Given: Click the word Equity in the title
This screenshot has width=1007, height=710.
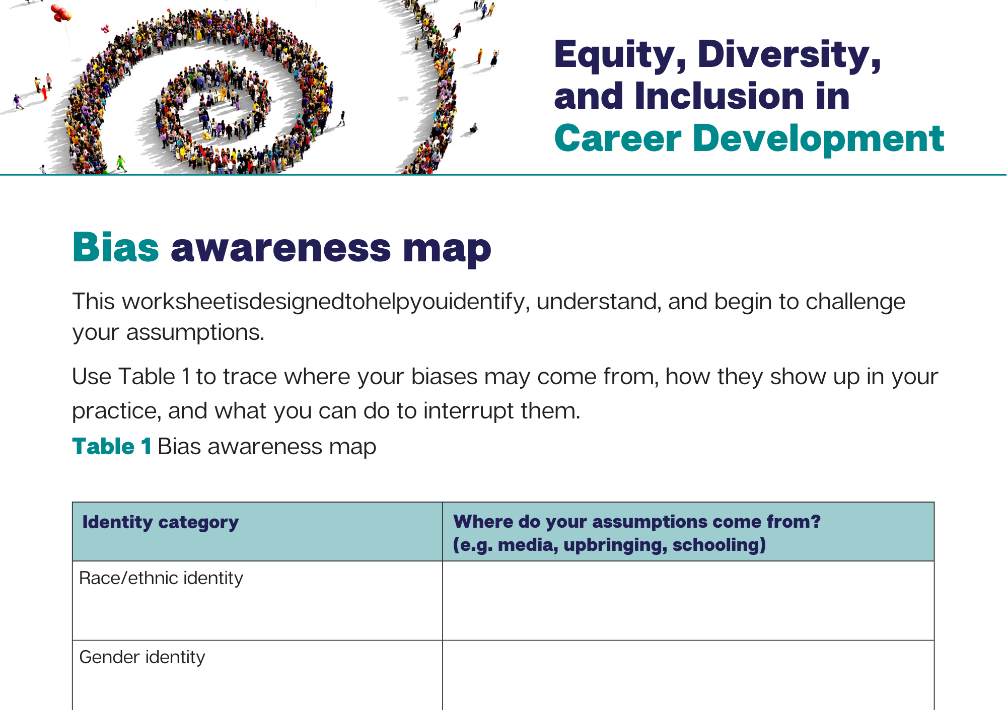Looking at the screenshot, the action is pyautogui.click(x=620, y=55).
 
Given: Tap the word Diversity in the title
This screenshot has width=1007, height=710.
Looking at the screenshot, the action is pyautogui.click(x=789, y=55).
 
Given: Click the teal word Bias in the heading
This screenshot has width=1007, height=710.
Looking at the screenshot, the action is pyautogui.click(x=116, y=248).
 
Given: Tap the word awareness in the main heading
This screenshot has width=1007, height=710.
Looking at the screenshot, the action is pyautogui.click(x=280, y=250).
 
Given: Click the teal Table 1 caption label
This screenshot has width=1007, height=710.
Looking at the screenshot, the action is pyautogui.click(x=112, y=447).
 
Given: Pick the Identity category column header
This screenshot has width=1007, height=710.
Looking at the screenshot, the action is pyautogui.click(x=161, y=523).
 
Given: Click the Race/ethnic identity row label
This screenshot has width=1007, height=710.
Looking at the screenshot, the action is pyautogui.click(x=161, y=578).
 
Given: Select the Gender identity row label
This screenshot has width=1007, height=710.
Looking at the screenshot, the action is pyautogui.click(x=142, y=657).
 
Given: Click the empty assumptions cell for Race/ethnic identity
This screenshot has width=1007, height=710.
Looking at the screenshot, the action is pyautogui.click(x=688, y=601).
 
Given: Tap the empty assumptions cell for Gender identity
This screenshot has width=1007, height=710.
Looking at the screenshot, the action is pyautogui.click(x=688, y=675).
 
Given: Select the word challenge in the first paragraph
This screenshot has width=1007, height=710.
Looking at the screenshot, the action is pyautogui.click(x=855, y=302).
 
